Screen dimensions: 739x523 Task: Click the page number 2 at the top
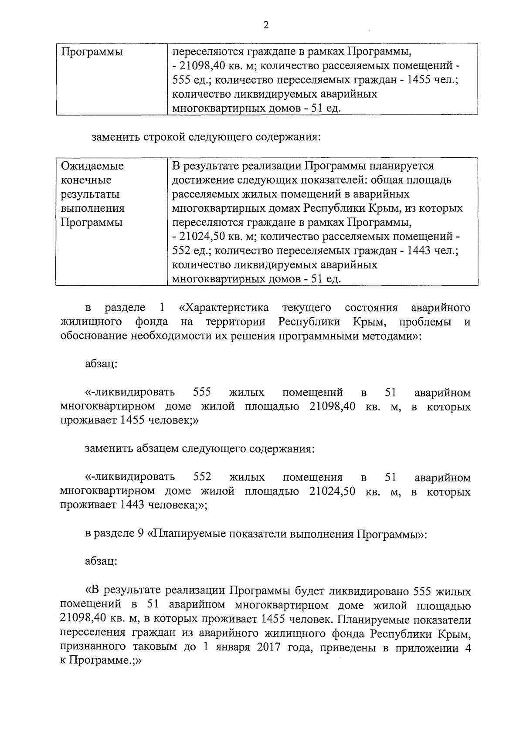pyautogui.click(x=266, y=25)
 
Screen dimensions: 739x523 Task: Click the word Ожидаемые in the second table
pyautogui.click(x=92, y=166)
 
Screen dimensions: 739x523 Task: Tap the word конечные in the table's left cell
pyautogui.click(x=86, y=180)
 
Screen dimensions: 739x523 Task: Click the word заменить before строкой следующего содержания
pyautogui.click(x=115, y=138)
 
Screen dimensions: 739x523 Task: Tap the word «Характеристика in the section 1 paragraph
pyautogui.click(x=224, y=308)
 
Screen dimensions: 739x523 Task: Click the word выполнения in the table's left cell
pyautogui.click(x=92, y=208)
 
